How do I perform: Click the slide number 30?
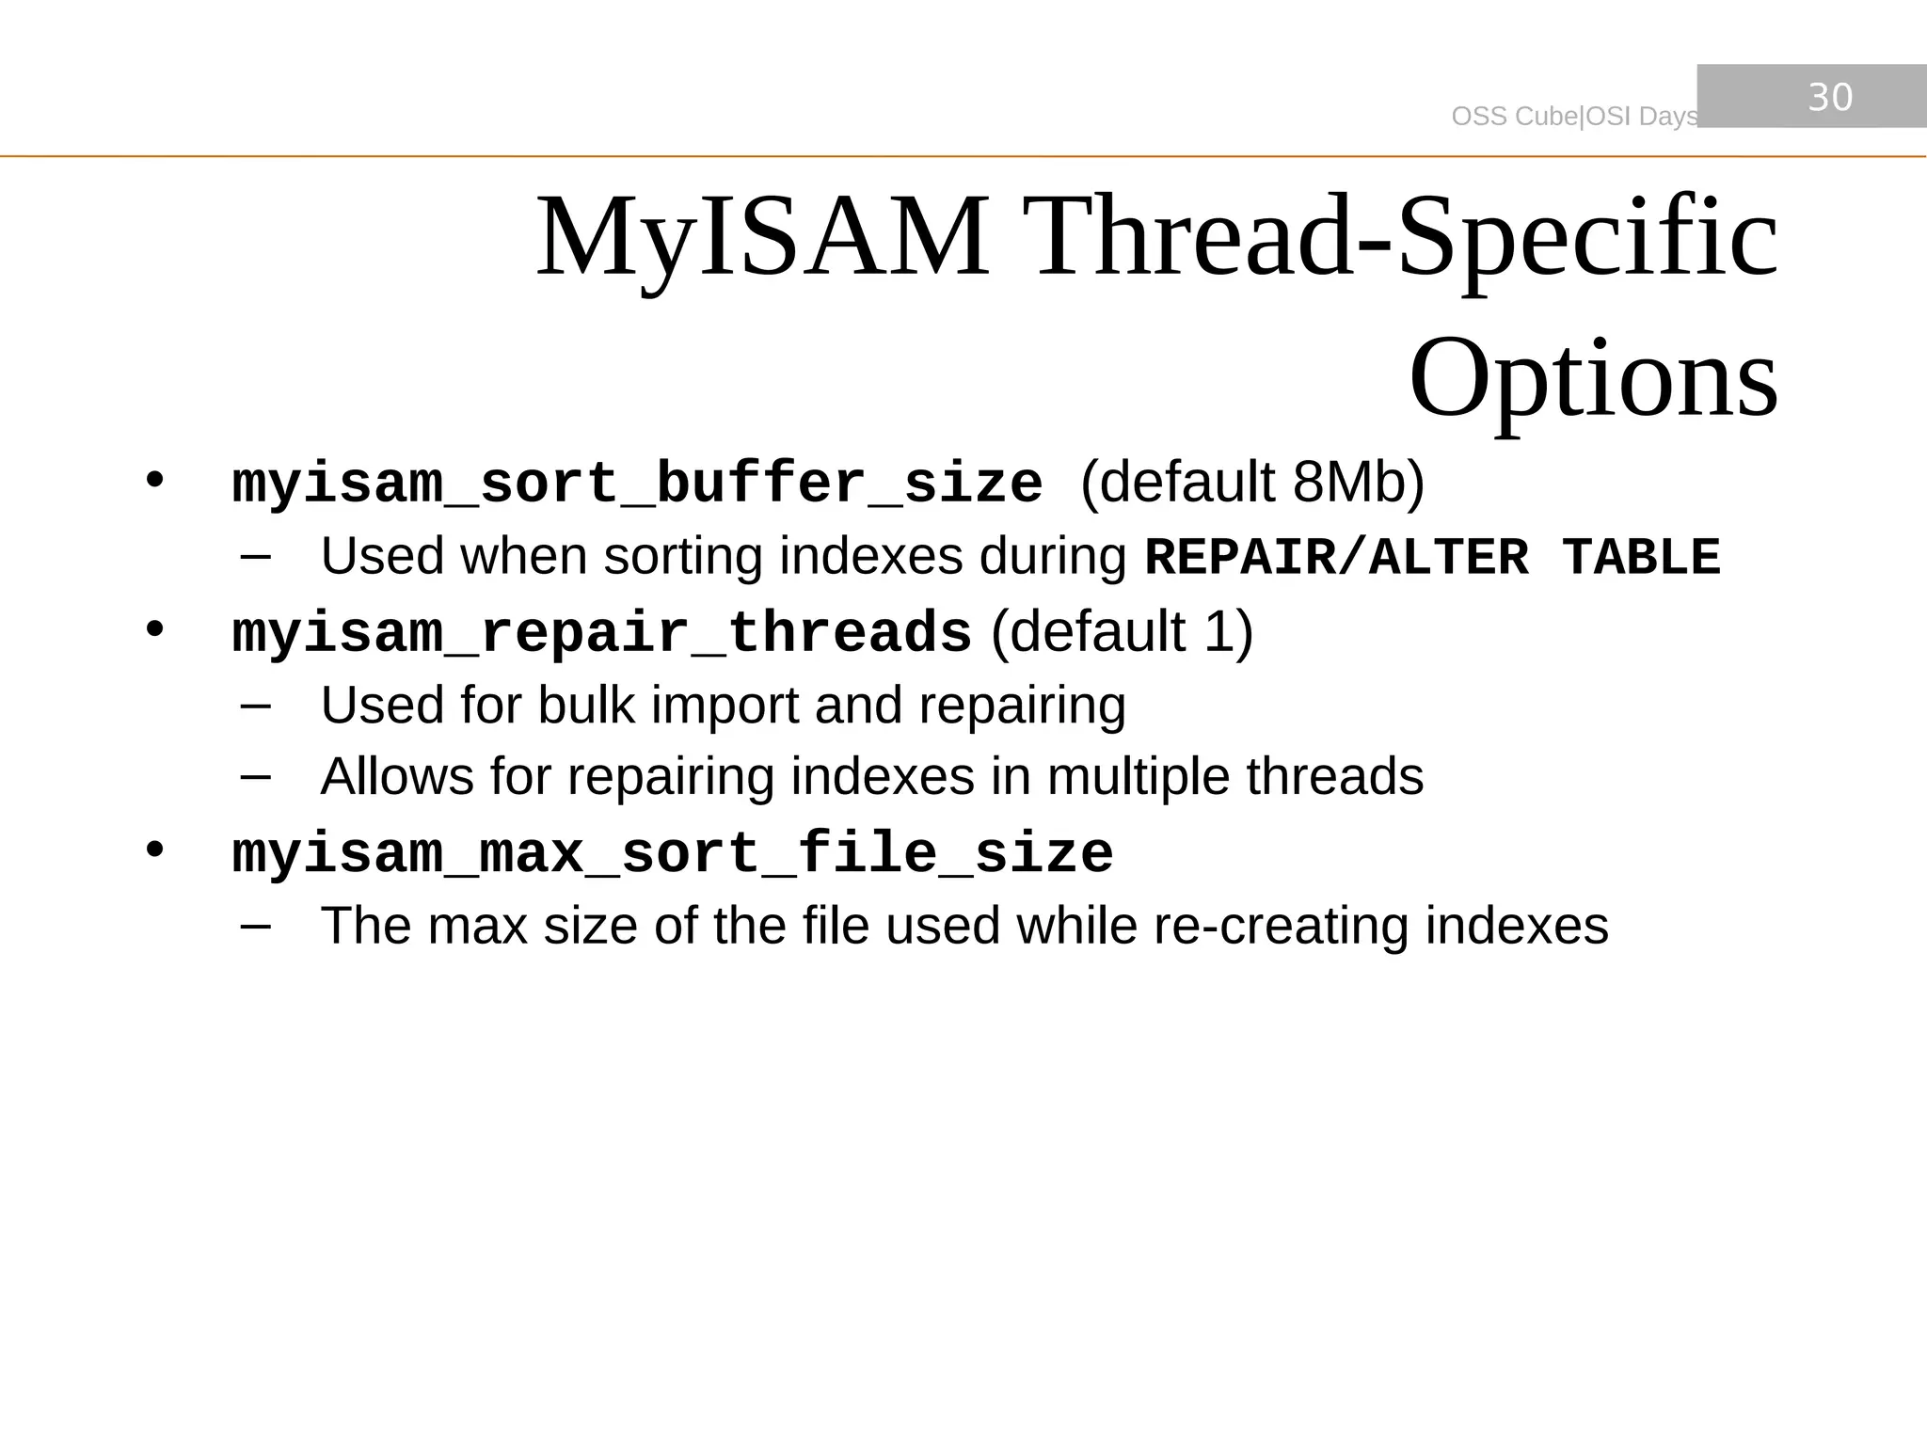click(1830, 97)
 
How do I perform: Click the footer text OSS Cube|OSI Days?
click(1574, 117)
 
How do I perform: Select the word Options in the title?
click(1593, 378)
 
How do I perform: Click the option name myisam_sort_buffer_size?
click(637, 484)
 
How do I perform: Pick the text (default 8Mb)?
click(1252, 483)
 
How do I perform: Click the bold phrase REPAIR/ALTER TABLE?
click(1432, 557)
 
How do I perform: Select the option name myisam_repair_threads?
click(601, 632)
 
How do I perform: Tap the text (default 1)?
click(1122, 631)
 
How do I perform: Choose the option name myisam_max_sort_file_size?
click(673, 854)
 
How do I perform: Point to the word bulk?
click(585, 705)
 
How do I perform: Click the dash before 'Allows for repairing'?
click(255, 777)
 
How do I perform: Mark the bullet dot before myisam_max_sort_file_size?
click(155, 850)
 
